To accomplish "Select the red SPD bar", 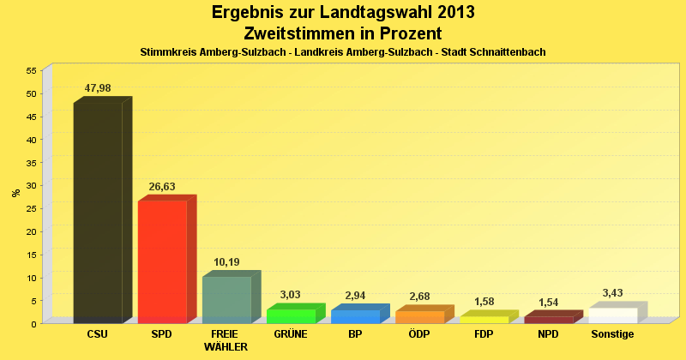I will click(162, 261).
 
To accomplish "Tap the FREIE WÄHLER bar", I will click(226, 299).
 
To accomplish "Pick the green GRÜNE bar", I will click(291, 315).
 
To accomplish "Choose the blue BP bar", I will click(355, 315).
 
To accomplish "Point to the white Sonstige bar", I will click(612, 315).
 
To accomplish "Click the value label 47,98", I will click(98, 88).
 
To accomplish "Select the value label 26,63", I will click(162, 187).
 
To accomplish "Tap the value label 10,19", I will click(226, 262).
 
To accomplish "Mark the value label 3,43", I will click(612, 293).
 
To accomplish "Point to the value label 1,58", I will click(484, 302).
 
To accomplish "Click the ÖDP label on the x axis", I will click(419, 334).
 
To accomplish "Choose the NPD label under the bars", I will click(548, 334).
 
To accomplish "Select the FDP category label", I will click(484, 334).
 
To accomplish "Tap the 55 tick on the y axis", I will click(31, 70).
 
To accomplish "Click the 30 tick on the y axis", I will click(31, 185).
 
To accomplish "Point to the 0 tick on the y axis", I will click(33, 323).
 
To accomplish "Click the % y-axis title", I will click(15, 193).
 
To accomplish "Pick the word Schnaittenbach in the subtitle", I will click(506, 52).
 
